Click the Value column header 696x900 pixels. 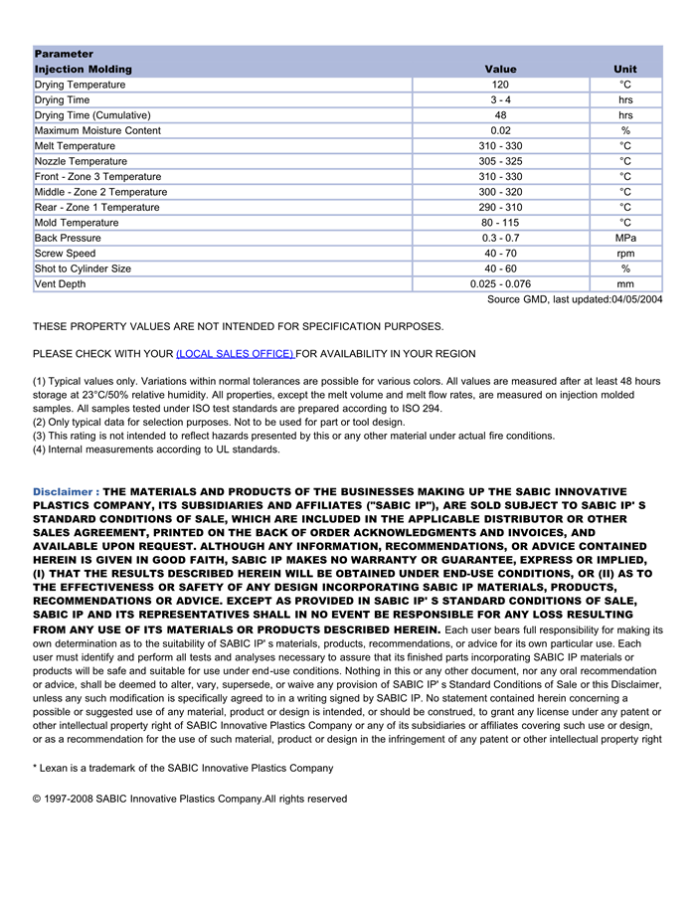pos(500,70)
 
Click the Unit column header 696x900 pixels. pos(625,70)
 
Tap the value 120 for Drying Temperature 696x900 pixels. pos(500,86)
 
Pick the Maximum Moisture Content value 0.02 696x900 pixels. pos(500,131)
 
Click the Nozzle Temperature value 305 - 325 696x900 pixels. pos(500,162)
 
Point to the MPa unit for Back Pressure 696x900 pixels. pos(625,239)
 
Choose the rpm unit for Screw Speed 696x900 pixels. pos(625,254)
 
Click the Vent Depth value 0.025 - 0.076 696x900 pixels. pos(500,284)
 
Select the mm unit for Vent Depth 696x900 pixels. pos(625,284)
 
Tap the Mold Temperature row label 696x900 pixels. pos(76,223)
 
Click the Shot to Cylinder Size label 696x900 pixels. pos(82,269)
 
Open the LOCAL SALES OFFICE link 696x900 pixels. pos(235,354)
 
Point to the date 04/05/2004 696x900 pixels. pos(637,300)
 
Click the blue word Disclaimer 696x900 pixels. pos(65,492)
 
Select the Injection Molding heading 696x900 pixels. pos(83,70)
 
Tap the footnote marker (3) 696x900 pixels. pos(40,436)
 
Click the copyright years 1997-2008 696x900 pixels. pos(69,799)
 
